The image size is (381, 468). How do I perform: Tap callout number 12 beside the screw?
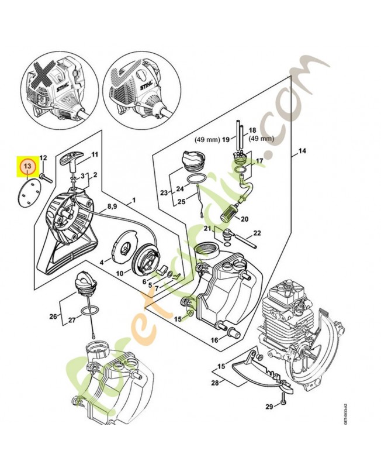pyautogui.click(x=43, y=159)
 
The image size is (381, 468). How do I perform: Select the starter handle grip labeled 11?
pyautogui.click(x=77, y=160)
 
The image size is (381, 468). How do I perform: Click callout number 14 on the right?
pyautogui.click(x=302, y=152)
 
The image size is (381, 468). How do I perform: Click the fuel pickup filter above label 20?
pyautogui.click(x=228, y=210)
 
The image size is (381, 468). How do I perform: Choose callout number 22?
pyautogui.click(x=257, y=233)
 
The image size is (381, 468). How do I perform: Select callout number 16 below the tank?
pyautogui.click(x=214, y=339)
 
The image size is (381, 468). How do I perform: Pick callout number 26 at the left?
pyautogui.click(x=53, y=317)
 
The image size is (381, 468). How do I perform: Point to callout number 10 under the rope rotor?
pyautogui.click(x=120, y=273)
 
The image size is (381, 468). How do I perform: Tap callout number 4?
pyautogui.click(x=101, y=263)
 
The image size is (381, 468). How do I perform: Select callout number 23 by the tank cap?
pyautogui.click(x=165, y=192)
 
